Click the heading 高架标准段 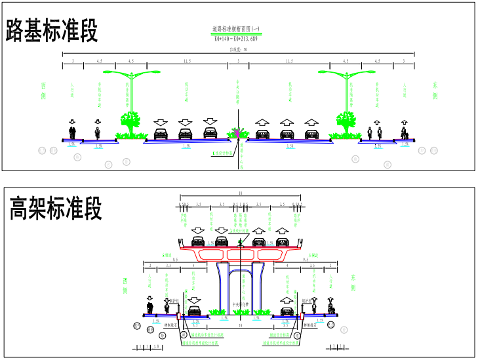tap(56, 209)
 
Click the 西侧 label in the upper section tap(43, 91)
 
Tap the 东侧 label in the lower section tap(353, 283)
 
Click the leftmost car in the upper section tap(160, 134)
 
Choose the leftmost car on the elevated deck tap(197, 242)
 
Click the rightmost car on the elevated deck tap(282, 242)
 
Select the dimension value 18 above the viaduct tap(240, 193)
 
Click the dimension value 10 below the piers tap(240, 325)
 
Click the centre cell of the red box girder tap(240, 254)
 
